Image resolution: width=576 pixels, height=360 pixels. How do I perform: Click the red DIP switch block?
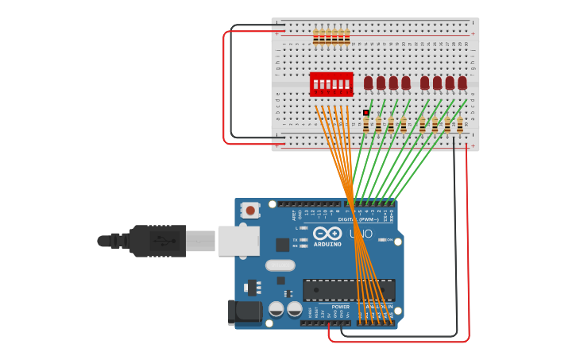331,83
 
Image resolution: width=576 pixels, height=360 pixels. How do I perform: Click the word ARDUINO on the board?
327,244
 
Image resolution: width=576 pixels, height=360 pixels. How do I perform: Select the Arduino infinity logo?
327,234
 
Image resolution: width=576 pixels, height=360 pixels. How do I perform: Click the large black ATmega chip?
349,290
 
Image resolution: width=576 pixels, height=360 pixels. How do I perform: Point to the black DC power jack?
244,312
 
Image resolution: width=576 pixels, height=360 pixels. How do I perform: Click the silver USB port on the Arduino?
238,241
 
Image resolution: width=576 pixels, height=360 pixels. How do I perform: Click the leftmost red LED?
369,83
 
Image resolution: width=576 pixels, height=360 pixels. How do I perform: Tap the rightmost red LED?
462,83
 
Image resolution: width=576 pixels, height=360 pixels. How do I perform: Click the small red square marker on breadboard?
366,113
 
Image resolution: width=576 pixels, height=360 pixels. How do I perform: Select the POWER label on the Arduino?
340,307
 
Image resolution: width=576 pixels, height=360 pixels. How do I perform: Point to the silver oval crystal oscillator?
280,265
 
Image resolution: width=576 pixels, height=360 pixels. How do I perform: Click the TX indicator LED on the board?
303,239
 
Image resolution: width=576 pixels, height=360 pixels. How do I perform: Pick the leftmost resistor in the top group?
316,37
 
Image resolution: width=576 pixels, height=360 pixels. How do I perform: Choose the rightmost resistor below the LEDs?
460,124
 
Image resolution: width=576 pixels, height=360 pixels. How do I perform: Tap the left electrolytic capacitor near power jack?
276,308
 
